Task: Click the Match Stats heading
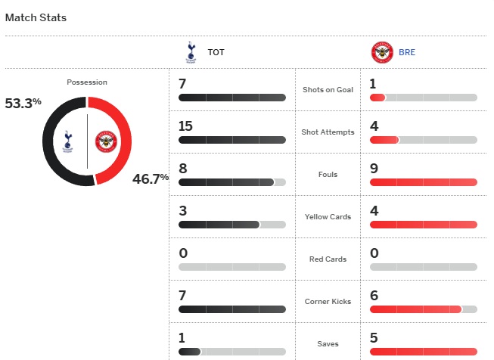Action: pyautogui.click(x=36, y=17)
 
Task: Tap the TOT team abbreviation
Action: pyautogui.click(x=216, y=53)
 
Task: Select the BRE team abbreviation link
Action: pyautogui.click(x=407, y=53)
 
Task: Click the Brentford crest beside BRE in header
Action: pyautogui.click(x=382, y=53)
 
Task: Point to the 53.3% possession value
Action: pyautogui.click(x=23, y=104)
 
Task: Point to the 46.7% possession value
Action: pyautogui.click(x=151, y=179)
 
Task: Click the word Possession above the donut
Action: pyautogui.click(x=87, y=82)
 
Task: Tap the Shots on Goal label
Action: pyautogui.click(x=328, y=90)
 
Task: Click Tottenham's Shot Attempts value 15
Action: pyautogui.click(x=186, y=126)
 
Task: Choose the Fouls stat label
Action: pyautogui.click(x=328, y=175)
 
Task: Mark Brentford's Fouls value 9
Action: pyautogui.click(x=374, y=168)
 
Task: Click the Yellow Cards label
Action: pyautogui.click(x=328, y=217)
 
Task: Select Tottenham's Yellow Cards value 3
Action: pyautogui.click(x=183, y=210)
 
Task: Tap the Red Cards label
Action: pyautogui.click(x=328, y=259)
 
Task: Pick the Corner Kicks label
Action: pyautogui.click(x=328, y=302)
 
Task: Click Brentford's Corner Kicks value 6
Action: pyautogui.click(x=374, y=295)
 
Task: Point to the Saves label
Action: pyautogui.click(x=328, y=344)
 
